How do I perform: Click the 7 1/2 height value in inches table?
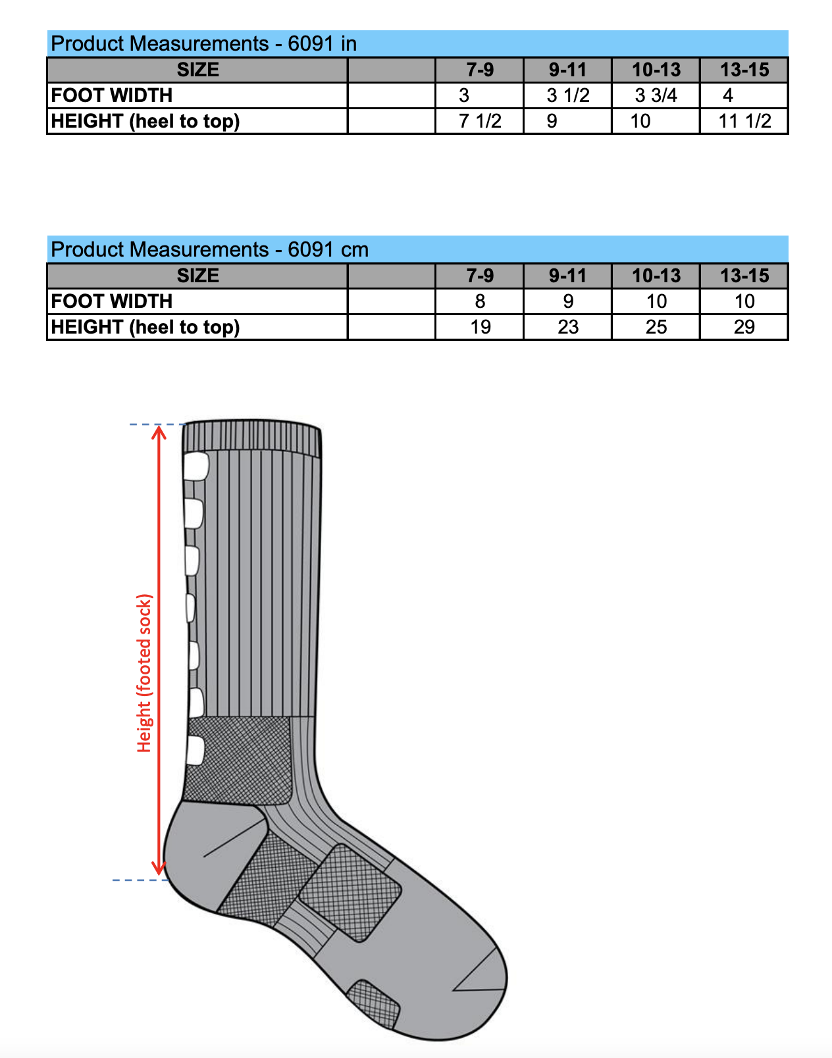click(x=480, y=121)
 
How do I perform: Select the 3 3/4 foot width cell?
click(x=656, y=95)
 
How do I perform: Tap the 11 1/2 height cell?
click(x=745, y=121)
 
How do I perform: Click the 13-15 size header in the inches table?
click(x=744, y=70)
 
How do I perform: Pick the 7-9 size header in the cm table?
click(x=480, y=276)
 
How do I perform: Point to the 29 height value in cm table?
click(x=744, y=327)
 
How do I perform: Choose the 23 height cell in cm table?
click(x=568, y=327)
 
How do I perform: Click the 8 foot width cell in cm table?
click(x=480, y=301)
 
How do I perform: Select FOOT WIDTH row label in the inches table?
click(x=111, y=95)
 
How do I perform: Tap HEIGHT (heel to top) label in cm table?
click(x=145, y=327)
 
